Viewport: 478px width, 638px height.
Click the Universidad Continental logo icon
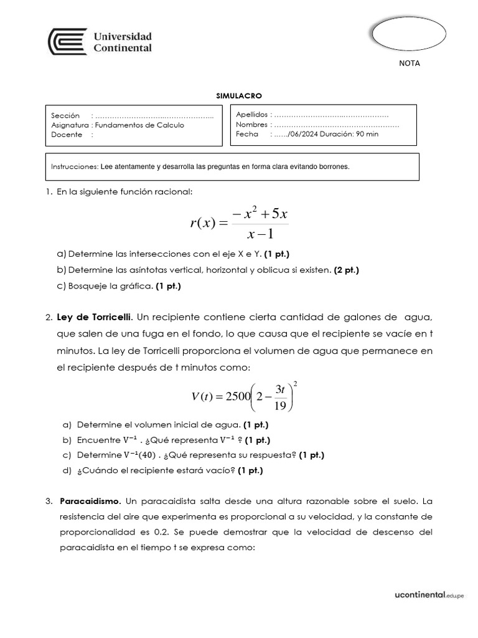coord(67,42)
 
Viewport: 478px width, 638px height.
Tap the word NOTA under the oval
coord(409,64)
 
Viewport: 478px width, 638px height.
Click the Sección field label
coord(66,116)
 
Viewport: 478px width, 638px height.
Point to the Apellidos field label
coord(251,115)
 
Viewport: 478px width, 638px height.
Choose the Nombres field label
coord(251,125)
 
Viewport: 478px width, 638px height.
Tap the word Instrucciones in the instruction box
coord(73,167)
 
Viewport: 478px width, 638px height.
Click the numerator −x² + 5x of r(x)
coord(259,215)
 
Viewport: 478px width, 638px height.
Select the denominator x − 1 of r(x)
coord(260,235)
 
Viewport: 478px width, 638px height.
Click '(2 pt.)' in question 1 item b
coord(346,270)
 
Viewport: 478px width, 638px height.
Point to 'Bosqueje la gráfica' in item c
coord(110,286)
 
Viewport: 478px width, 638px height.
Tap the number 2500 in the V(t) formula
coord(233,397)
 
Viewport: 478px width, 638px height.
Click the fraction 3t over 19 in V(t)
coord(279,398)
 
